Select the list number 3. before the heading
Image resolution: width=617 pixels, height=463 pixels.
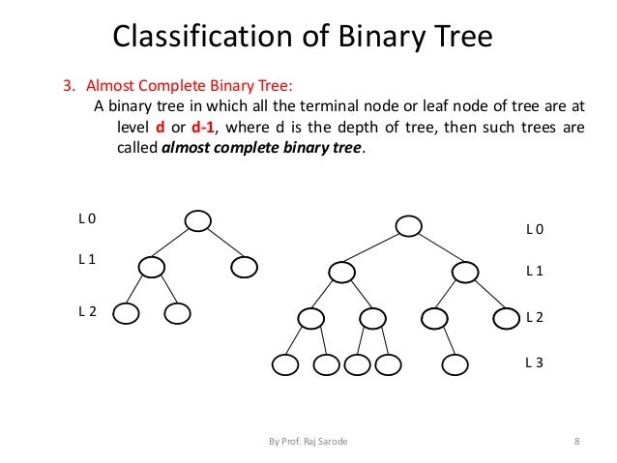[69, 83]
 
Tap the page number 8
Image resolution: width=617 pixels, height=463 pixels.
[576, 442]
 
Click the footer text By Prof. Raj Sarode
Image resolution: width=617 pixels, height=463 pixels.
[308, 442]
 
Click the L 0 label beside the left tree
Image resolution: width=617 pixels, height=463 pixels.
[87, 218]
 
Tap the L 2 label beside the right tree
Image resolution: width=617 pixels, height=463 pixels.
[534, 317]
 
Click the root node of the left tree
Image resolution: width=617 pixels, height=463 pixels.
[198, 220]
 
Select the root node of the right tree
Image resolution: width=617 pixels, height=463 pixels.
[409, 225]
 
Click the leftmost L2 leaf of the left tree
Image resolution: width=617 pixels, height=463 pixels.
[127, 313]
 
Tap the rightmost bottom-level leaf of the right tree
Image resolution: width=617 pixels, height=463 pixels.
[454, 364]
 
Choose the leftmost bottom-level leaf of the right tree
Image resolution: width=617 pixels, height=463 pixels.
[285, 364]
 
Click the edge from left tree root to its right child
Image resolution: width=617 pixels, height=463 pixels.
[221, 244]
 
